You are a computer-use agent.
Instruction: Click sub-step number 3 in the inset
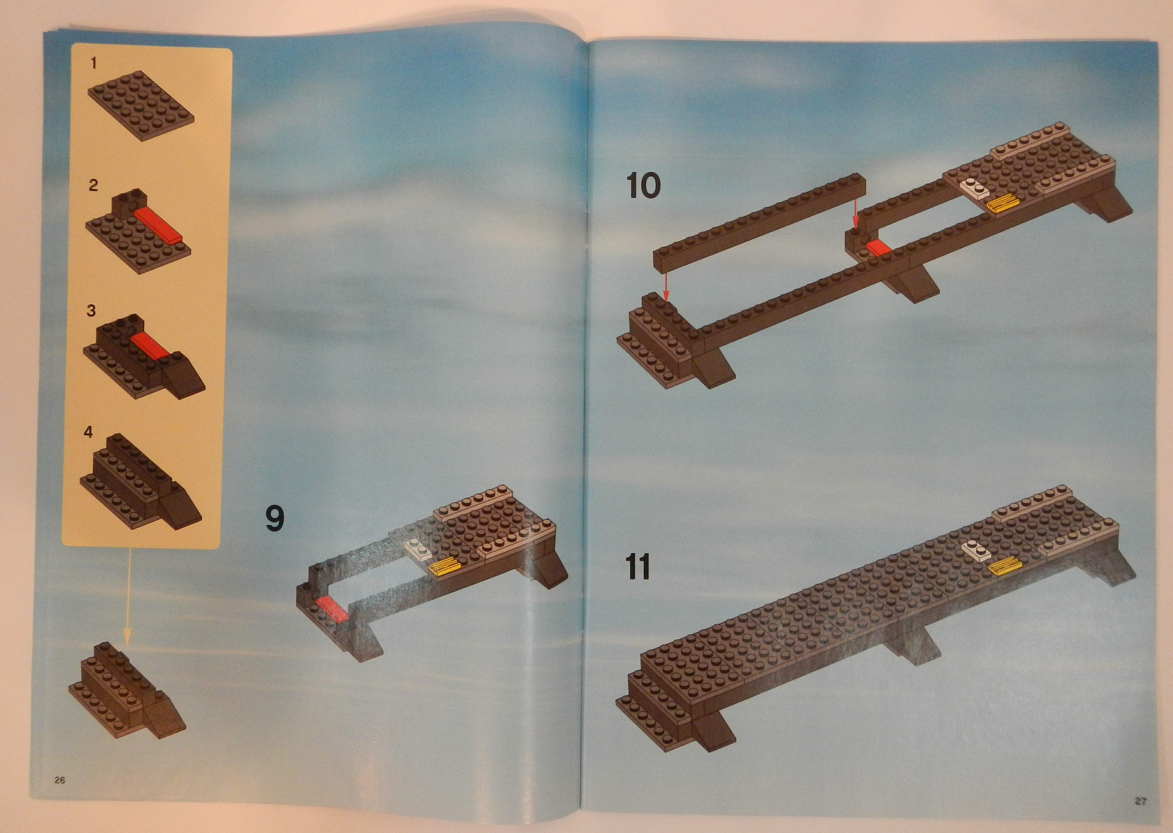point(91,311)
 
